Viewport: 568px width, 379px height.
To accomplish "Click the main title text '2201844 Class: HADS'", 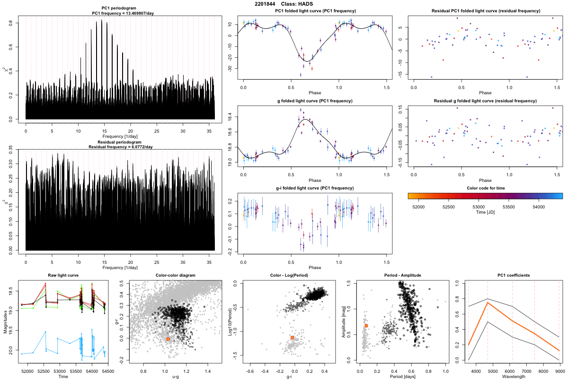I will click(x=284, y=4).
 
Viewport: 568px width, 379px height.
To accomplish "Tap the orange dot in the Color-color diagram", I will click(x=168, y=339).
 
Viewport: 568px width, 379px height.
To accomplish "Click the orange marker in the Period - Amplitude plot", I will click(x=366, y=326).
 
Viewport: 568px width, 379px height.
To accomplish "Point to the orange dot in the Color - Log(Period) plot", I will click(x=293, y=337).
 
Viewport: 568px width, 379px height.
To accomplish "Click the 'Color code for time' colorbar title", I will click(x=485, y=188).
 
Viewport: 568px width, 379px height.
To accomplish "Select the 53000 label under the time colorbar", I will click(x=479, y=207).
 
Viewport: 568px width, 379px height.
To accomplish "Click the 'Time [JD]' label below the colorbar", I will click(x=485, y=213).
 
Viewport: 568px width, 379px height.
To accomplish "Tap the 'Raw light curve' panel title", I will click(x=63, y=276).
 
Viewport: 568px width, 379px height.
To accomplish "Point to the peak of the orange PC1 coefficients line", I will click(x=488, y=302).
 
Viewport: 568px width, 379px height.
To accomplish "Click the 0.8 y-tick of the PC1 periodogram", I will click(x=18, y=23).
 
